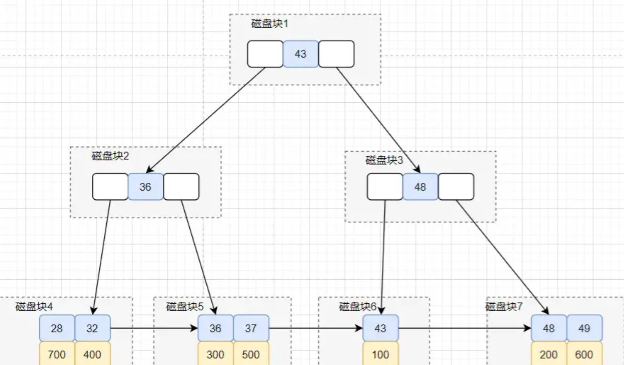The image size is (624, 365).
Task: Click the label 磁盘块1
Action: pyautogui.click(x=269, y=24)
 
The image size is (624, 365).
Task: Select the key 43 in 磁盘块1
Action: pyautogui.click(x=301, y=54)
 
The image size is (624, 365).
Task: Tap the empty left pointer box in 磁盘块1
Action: pyautogui.click(x=265, y=54)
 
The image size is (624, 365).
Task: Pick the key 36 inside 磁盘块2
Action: pyautogui.click(x=145, y=187)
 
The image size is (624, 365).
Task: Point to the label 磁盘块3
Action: pyautogui.click(x=384, y=160)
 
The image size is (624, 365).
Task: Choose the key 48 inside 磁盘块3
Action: pyautogui.click(x=420, y=187)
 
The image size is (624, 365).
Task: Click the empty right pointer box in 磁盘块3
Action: pyautogui.click(x=456, y=187)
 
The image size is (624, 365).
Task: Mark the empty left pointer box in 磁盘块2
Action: pyautogui.click(x=110, y=187)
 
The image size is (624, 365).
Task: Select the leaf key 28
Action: pyautogui.click(x=57, y=328)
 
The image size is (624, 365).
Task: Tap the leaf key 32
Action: pyautogui.click(x=92, y=328)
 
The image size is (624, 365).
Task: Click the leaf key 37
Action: pyautogui.click(x=251, y=328)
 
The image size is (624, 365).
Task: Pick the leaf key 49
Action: pyautogui.click(x=584, y=328)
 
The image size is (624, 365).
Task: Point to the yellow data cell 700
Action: pyautogui.click(x=57, y=354)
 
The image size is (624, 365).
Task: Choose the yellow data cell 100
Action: pyautogui.click(x=380, y=354)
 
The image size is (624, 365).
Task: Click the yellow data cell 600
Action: pyautogui.click(x=584, y=354)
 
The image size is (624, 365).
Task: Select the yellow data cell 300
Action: pyautogui.click(x=215, y=354)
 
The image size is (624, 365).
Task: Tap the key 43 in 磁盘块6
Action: pyautogui.click(x=380, y=328)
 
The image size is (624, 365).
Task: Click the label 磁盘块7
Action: pyautogui.click(x=504, y=307)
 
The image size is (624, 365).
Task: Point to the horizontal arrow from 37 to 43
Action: pyautogui.click(x=316, y=328)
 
